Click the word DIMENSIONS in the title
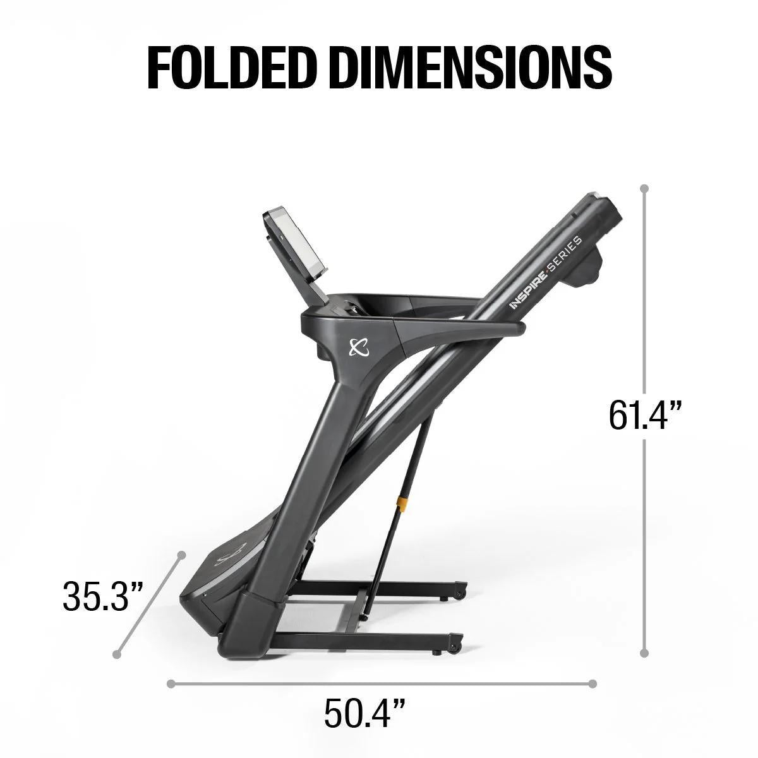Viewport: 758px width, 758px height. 466,65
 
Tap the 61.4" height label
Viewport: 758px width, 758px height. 646,416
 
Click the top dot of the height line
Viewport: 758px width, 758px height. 644,188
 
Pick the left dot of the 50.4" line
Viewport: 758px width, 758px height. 171,683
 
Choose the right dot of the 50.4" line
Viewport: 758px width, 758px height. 593,683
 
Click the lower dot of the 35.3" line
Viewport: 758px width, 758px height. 117,654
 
